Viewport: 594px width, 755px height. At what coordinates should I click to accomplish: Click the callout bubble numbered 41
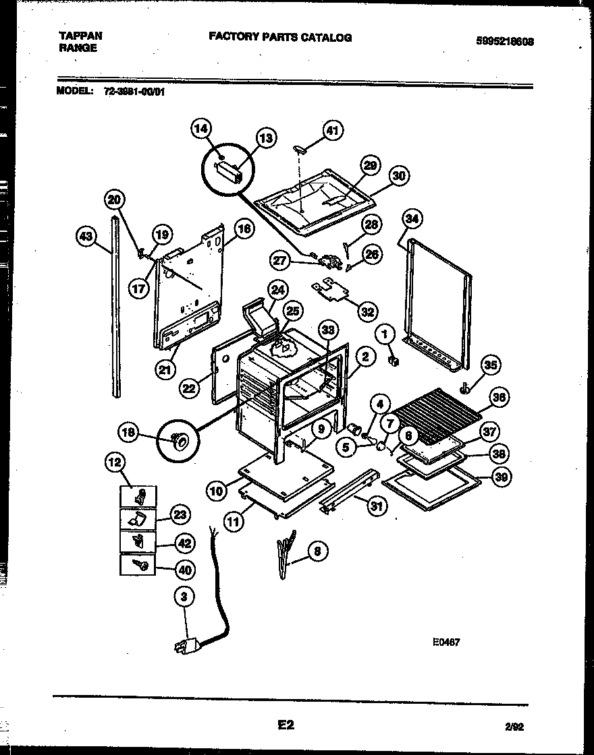[x=331, y=130]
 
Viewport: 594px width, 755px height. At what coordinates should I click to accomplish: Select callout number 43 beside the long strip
[x=86, y=236]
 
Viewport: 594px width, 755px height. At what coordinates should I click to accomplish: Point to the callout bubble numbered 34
[x=412, y=218]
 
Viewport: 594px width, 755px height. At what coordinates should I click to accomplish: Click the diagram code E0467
[x=446, y=642]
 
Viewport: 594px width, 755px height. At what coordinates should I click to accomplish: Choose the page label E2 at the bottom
[x=286, y=725]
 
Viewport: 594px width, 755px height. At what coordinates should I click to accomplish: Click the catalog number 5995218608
[x=506, y=40]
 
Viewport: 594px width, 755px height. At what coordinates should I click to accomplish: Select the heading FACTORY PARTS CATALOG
[x=279, y=37]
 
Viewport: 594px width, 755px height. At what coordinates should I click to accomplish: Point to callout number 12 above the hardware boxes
[x=116, y=462]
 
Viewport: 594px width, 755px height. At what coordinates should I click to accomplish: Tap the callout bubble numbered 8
[x=317, y=551]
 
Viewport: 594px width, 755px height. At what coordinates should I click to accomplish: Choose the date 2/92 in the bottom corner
[x=514, y=726]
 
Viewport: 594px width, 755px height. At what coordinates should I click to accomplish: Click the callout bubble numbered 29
[x=369, y=166]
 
